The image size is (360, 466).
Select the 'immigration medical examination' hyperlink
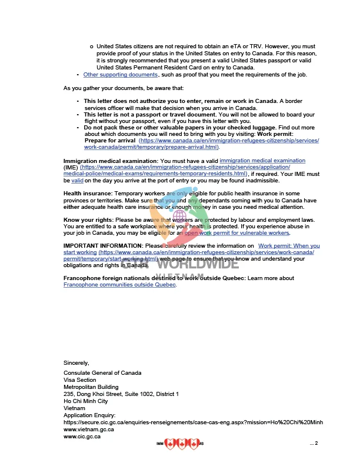tap(262, 161)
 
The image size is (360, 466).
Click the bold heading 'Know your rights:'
tap(87, 220)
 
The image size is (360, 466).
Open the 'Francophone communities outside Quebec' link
tap(119, 285)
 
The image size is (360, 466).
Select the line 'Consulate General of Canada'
tap(102, 373)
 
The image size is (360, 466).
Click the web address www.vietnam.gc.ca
tap(88, 430)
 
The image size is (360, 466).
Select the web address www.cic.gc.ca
tap(82, 437)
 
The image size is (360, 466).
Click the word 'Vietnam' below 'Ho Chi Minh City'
tap(74, 408)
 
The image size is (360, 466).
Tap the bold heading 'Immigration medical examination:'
tap(111, 161)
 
